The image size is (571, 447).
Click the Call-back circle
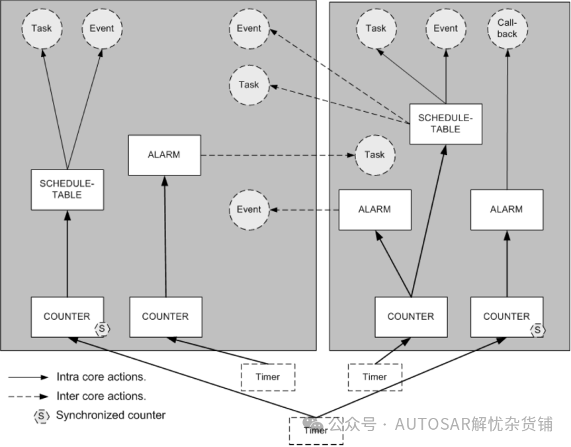[507, 28]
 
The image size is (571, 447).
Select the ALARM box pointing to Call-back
[507, 210]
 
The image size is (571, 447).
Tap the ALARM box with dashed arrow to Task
[164, 155]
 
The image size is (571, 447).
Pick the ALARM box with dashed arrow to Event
[374, 210]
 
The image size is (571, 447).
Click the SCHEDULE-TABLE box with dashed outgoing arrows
[446, 124]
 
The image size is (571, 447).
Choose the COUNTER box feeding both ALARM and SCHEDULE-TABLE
[411, 317]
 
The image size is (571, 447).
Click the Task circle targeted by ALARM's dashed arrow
[374, 155]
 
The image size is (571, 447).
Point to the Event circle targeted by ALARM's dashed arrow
[249, 210]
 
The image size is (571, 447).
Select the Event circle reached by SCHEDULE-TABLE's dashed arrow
[249, 28]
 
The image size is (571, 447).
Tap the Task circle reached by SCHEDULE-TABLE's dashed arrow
[249, 85]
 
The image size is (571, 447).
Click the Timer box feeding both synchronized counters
[316, 430]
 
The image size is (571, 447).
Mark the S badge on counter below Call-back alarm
[537, 330]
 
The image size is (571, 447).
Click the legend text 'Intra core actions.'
[101, 377]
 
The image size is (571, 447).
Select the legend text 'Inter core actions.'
[101, 396]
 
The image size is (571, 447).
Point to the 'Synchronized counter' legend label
[110, 415]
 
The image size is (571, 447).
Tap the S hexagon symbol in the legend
[41, 416]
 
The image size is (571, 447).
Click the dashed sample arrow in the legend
[28, 396]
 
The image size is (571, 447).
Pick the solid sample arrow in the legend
[28, 377]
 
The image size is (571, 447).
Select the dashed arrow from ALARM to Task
[278, 156]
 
